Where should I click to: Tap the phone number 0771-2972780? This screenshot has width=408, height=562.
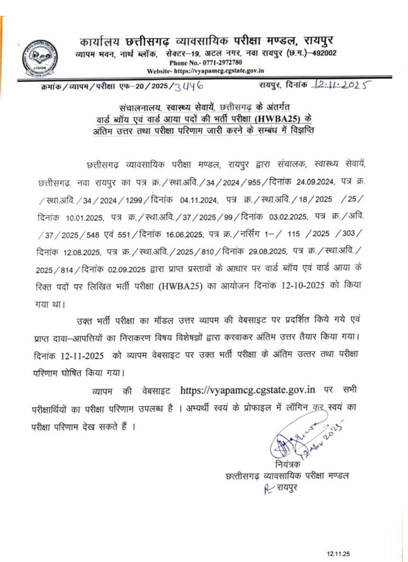point(206,63)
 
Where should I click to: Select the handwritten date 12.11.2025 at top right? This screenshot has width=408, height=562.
point(340,85)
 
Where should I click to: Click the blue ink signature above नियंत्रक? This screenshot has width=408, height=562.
point(302,439)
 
